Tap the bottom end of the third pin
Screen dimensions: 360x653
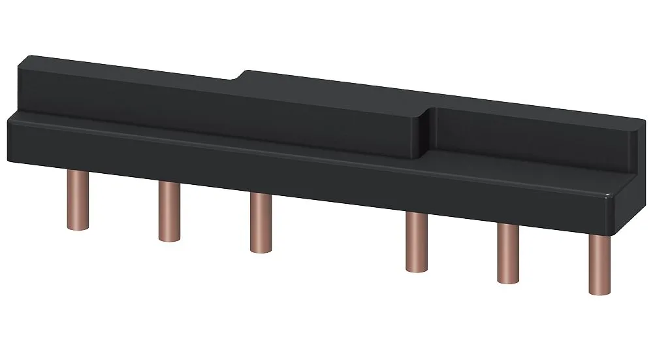261,249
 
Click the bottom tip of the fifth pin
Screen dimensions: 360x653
507,280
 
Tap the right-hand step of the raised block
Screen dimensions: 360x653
428,127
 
